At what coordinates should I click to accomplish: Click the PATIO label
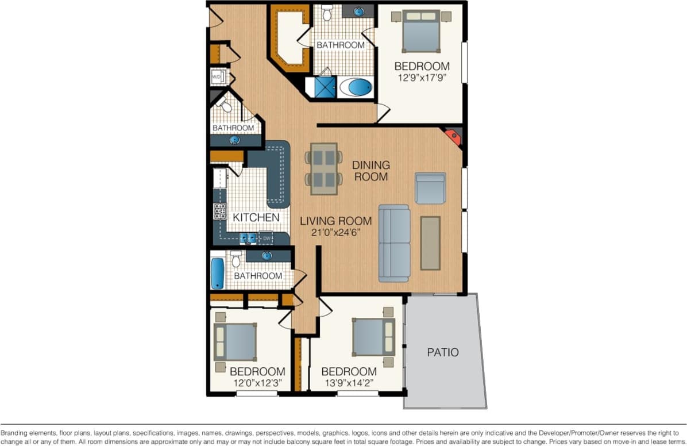pos(443,352)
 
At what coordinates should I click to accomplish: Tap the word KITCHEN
pos(256,218)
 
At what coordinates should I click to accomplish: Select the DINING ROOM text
pos(371,171)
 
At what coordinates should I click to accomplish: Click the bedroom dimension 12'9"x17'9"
pos(422,78)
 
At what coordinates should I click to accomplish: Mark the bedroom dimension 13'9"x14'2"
pos(349,383)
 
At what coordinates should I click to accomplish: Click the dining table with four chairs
pos(323,168)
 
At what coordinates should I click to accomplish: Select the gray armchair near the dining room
pos(430,188)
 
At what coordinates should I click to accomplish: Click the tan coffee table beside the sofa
pos(430,243)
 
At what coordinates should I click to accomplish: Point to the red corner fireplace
pos(453,137)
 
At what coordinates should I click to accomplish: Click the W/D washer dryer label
pos(217,76)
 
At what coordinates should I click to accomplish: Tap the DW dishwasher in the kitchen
pos(266,237)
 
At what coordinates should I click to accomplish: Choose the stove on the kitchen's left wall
pos(219,211)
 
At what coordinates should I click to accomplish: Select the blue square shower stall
pos(325,87)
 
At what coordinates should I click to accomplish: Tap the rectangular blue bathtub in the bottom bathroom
pos(217,273)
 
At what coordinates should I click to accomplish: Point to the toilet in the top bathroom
pos(327,11)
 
